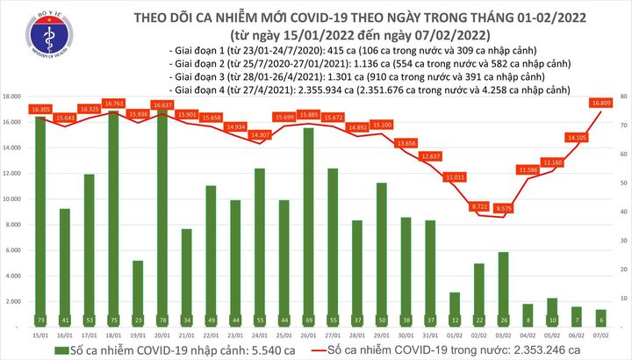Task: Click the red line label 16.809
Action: tap(600, 103)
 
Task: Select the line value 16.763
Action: tap(113, 103)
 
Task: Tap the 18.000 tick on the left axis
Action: tap(12, 96)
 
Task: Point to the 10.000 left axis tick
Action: tap(12, 198)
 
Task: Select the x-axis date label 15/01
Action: tap(39, 334)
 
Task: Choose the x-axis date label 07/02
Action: tap(600, 334)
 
